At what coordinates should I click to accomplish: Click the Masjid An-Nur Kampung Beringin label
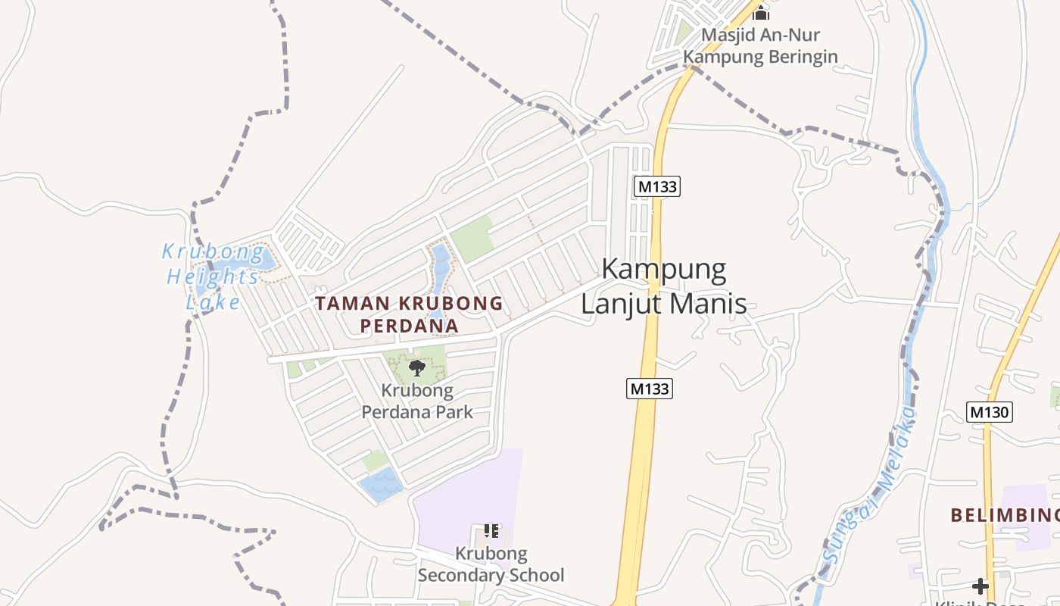tap(760, 45)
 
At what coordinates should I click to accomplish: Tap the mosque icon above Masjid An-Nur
tap(761, 12)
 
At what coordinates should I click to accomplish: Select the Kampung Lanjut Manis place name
tap(664, 286)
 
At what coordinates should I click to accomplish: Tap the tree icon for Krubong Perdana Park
tap(416, 368)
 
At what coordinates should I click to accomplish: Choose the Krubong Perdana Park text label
tap(417, 401)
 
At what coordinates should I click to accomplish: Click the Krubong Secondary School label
tap(491, 564)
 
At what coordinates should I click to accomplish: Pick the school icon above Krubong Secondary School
tap(491, 531)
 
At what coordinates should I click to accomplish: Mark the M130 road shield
tap(990, 412)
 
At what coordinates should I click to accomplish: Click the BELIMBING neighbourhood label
tap(1005, 516)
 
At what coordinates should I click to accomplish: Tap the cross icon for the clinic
tap(980, 586)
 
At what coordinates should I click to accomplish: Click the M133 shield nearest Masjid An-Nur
tap(657, 186)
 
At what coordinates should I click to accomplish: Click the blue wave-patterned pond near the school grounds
tap(381, 485)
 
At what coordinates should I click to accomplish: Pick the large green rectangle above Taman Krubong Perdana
tap(472, 239)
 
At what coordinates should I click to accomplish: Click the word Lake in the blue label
tap(213, 303)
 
